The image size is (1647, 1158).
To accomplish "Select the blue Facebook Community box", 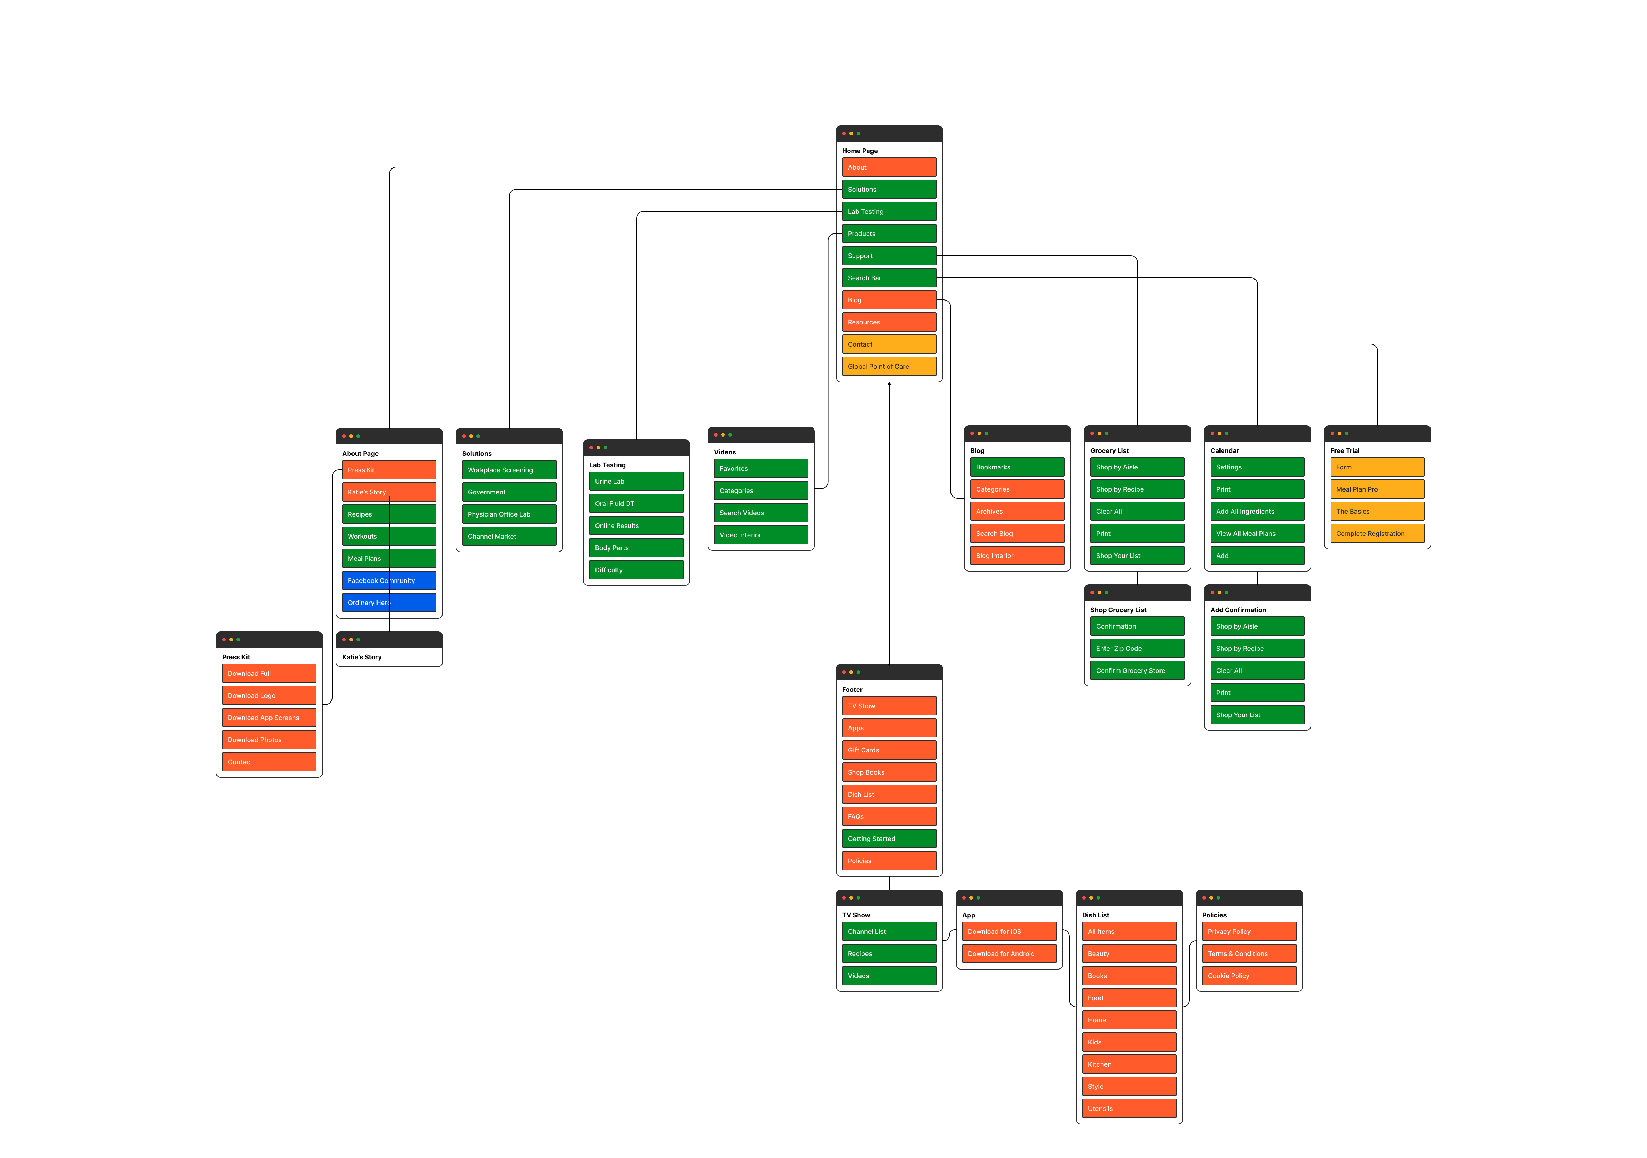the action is tap(389, 581).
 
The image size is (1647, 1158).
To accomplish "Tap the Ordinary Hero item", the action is tap(389, 603).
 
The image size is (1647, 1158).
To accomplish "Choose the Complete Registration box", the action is tap(1377, 533).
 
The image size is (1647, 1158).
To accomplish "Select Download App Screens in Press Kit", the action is tap(269, 718).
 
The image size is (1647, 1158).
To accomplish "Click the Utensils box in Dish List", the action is tap(1129, 1108).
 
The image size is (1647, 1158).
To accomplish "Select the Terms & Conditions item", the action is tap(1249, 954).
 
